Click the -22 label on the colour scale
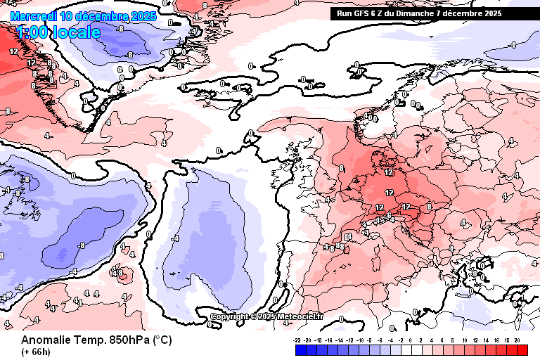[298, 340]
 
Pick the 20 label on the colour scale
[517, 340]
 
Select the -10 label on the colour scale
[361, 340]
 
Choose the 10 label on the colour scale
[464, 340]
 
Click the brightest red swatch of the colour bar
[522, 349]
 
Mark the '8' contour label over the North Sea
[341, 169]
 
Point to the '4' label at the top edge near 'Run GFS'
[297, 4]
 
